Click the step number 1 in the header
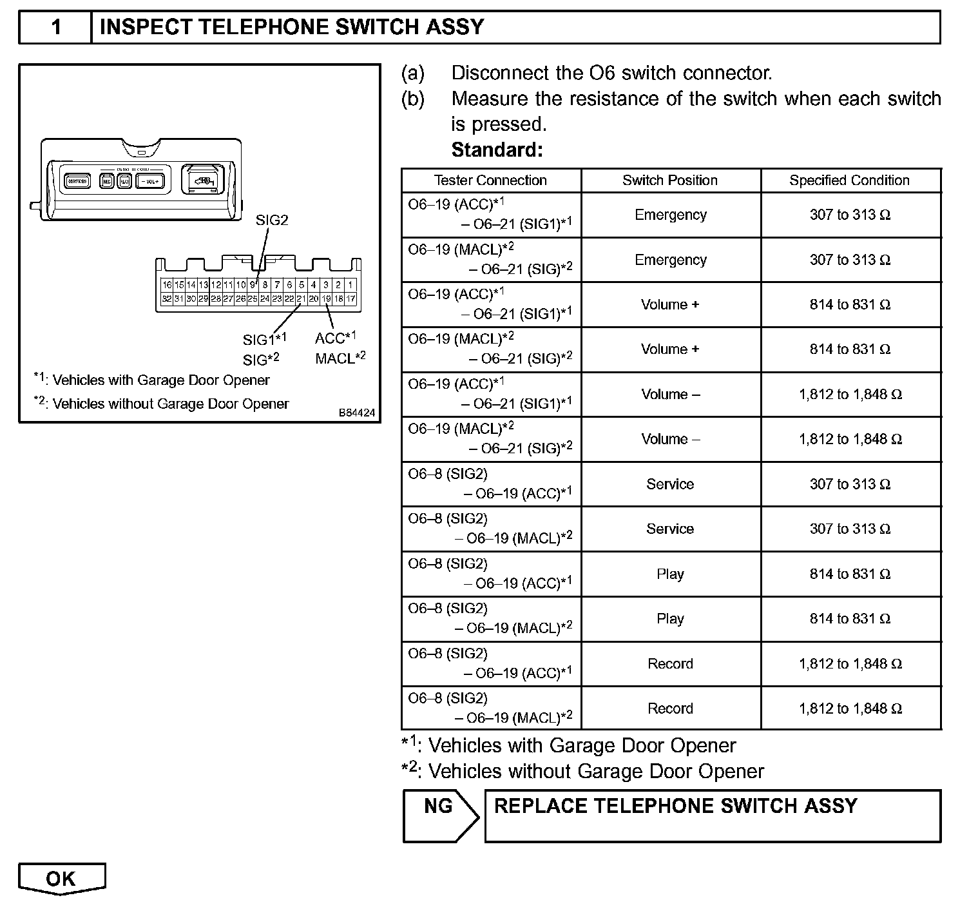[x=56, y=27]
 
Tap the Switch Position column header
[x=670, y=181]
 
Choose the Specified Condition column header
[x=849, y=181]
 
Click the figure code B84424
[x=357, y=413]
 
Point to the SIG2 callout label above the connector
[x=272, y=220]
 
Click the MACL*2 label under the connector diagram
[x=340, y=358]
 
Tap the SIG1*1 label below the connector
[x=264, y=339]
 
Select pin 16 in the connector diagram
[x=167, y=285]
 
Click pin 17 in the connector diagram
[x=350, y=299]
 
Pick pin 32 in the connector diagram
[x=167, y=299]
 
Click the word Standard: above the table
[x=497, y=150]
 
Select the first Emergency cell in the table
[x=670, y=215]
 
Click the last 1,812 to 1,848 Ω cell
[x=850, y=709]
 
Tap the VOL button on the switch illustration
[x=150, y=182]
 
